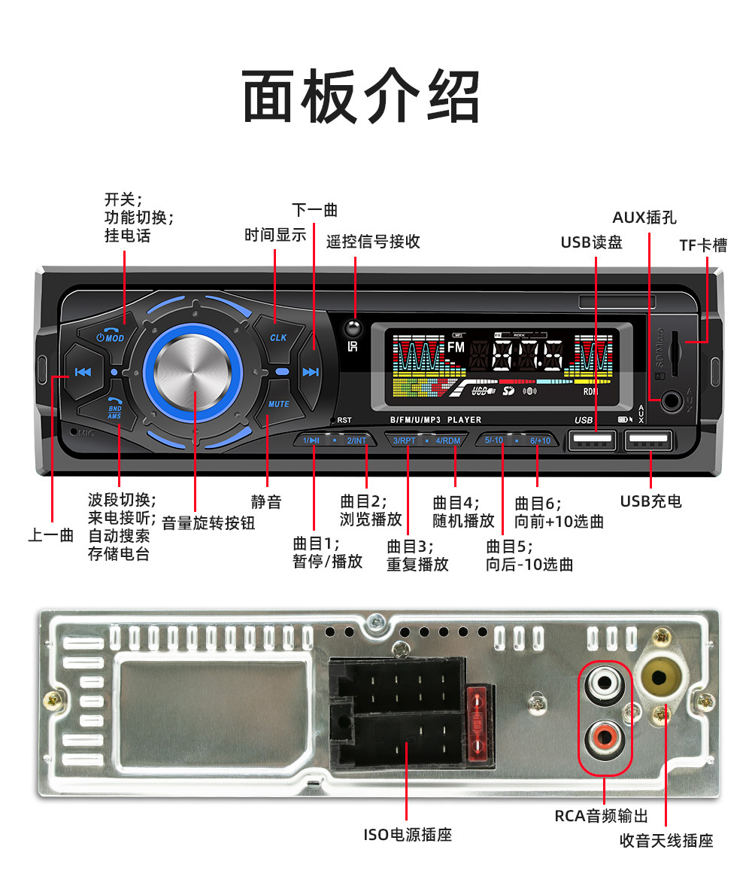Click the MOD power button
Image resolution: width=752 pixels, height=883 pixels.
tap(111, 333)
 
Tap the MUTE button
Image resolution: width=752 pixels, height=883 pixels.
tap(277, 404)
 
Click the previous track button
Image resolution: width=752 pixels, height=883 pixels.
tap(83, 372)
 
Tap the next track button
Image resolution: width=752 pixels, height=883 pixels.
tap(310, 372)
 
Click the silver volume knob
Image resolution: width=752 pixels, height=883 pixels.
tap(193, 372)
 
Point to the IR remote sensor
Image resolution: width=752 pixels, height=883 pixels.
tap(352, 329)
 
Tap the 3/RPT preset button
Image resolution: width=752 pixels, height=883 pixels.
tap(405, 440)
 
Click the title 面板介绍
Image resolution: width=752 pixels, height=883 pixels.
tap(361, 96)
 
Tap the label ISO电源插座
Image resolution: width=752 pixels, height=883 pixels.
tap(408, 834)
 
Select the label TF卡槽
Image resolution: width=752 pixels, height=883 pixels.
tap(702, 245)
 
